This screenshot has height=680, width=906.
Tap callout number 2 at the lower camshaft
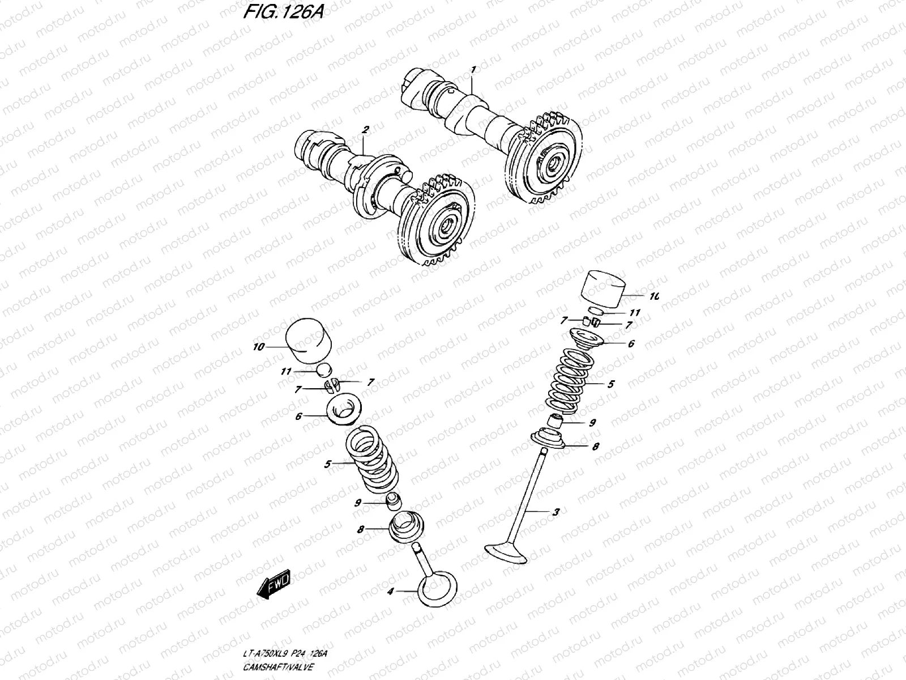365,130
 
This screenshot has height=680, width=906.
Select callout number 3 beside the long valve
555,512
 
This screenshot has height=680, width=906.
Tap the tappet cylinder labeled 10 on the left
309,342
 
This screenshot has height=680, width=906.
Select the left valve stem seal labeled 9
392,501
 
